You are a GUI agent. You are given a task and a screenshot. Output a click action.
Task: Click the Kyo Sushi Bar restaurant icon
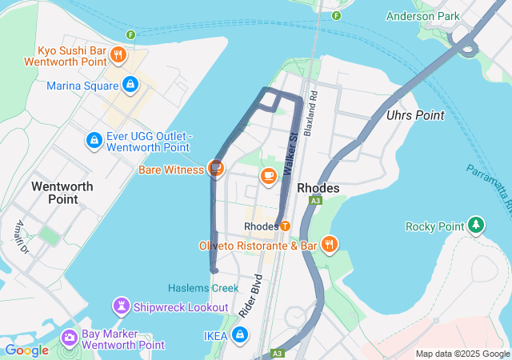(x=118, y=54)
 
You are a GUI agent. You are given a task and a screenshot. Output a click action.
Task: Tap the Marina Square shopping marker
(x=130, y=85)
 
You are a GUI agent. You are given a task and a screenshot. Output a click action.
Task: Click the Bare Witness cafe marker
(x=214, y=169)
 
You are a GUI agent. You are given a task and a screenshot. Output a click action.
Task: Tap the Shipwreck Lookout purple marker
(x=121, y=306)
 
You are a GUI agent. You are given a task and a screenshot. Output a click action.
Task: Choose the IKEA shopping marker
(x=239, y=335)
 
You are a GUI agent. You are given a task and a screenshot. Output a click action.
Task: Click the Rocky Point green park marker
(x=477, y=226)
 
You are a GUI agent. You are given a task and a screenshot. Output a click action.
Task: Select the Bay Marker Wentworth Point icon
(x=69, y=339)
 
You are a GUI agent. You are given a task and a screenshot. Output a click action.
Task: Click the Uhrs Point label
(x=414, y=115)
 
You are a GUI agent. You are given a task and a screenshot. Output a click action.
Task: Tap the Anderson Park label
(x=422, y=16)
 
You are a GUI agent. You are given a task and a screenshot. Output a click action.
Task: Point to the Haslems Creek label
(x=203, y=288)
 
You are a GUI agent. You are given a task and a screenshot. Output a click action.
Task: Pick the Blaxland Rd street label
(x=314, y=105)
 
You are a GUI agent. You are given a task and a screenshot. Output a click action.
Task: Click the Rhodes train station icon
(x=284, y=226)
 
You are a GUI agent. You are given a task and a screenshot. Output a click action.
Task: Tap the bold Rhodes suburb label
(x=318, y=188)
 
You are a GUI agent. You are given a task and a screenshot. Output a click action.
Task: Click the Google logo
(x=26, y=350)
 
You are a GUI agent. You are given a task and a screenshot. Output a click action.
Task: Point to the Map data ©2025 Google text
(x=462, y=354)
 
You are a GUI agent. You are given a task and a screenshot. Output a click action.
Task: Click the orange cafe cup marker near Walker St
(x=268, y=174)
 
